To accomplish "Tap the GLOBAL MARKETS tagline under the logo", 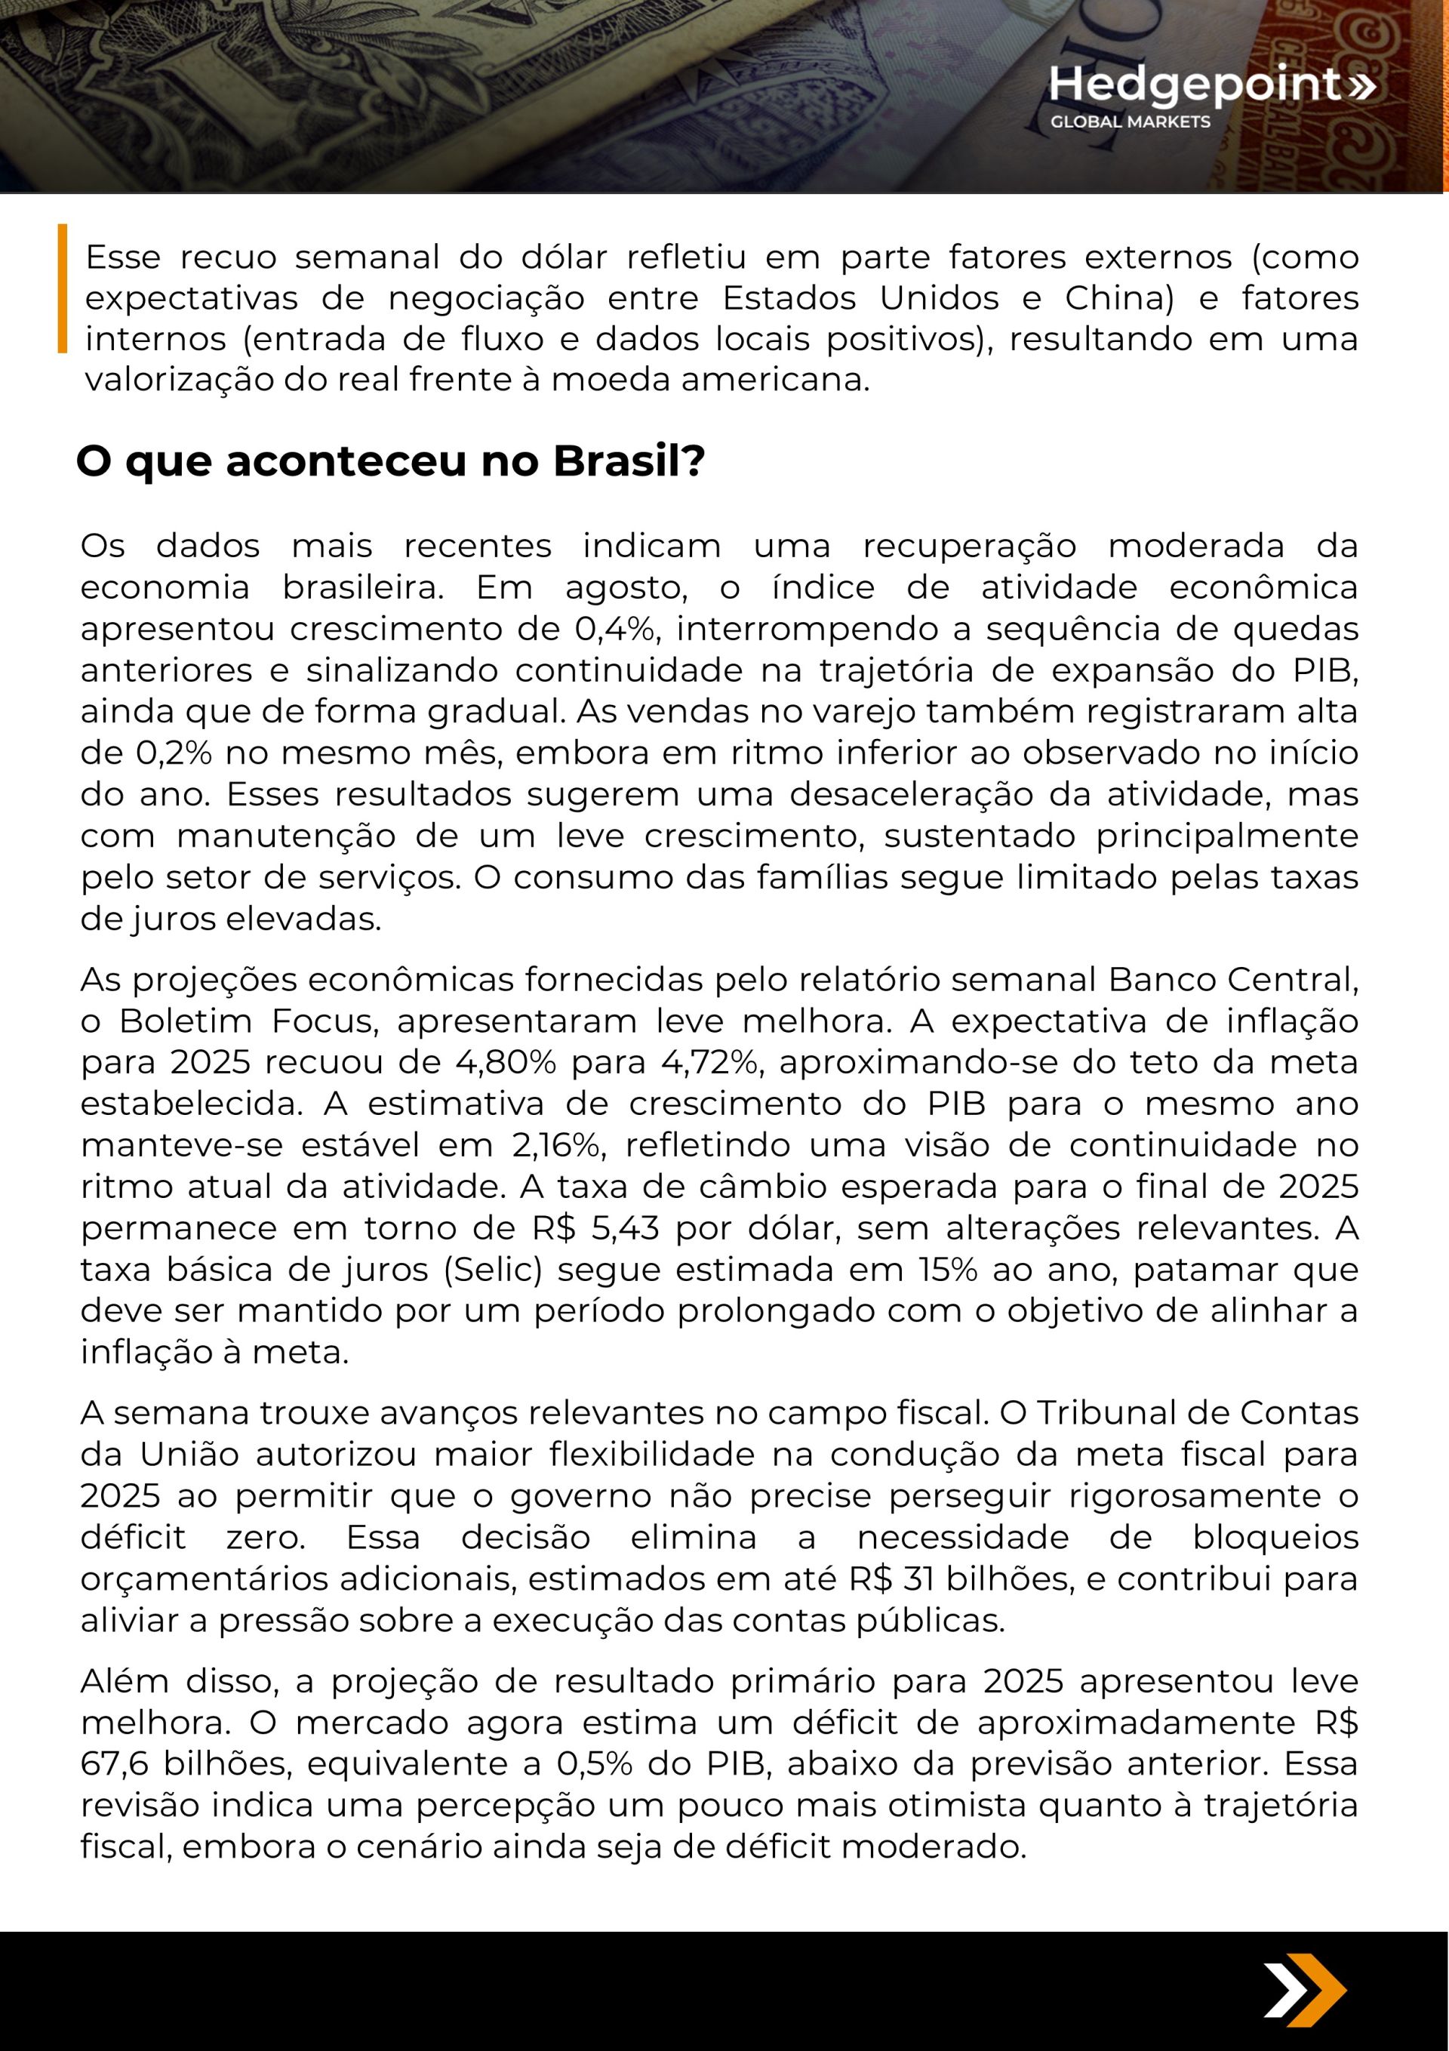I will (1130, 122).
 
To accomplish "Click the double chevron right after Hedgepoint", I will (1361, 86).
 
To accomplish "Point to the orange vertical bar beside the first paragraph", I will (63, 288).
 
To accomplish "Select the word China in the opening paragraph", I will (1118, 297).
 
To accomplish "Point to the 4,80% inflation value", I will (506, 1062).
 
